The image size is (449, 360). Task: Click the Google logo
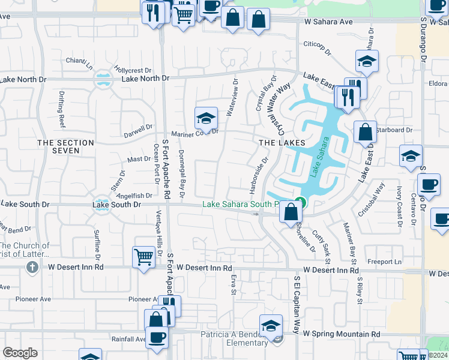click(x=20, y=353)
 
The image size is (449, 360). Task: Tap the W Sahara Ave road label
click(x=328, y=22)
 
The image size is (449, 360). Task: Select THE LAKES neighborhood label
click(x=282, y=143)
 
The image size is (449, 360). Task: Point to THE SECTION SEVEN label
click(x=66, y=147)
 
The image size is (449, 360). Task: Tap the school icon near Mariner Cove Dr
click(x=205, y=118)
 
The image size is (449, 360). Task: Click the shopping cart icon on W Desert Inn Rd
click(x=143, y=257)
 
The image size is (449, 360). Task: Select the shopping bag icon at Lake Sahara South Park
click(x=291, y=211)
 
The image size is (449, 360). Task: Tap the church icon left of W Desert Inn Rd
click(x=32, y=266)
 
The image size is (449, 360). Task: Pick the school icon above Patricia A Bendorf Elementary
click(x=271, y=325)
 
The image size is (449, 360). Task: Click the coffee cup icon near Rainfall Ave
click(x=157, y=337)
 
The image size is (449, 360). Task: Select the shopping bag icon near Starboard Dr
click(x=365, y=131)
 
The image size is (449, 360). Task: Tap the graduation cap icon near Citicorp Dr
click(x=367, y=61)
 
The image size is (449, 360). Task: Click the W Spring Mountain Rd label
click(x=342, y=333)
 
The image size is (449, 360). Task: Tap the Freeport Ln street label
click(x=384, y=262)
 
